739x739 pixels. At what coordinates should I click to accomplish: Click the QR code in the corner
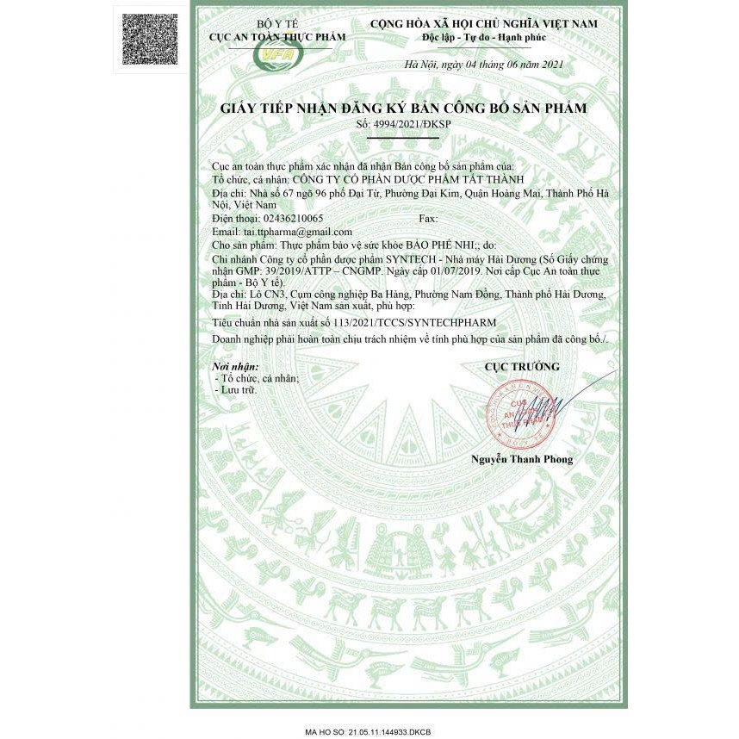point(151,39)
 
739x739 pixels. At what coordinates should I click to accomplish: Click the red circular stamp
point(515,416)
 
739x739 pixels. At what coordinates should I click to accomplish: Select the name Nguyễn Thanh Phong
point(521,459)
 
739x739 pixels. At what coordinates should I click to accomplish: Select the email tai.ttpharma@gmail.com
point(297,232)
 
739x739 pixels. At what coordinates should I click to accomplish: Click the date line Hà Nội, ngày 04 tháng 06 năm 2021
point(484,65)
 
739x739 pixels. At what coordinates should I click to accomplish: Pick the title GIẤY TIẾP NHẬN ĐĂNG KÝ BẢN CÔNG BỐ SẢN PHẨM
point(403,109)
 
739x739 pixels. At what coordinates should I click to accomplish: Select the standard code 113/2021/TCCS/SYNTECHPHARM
point(414,320)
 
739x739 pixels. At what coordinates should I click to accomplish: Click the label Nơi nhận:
point(234,367)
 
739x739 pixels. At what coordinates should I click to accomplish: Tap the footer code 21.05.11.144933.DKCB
point(389,731)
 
